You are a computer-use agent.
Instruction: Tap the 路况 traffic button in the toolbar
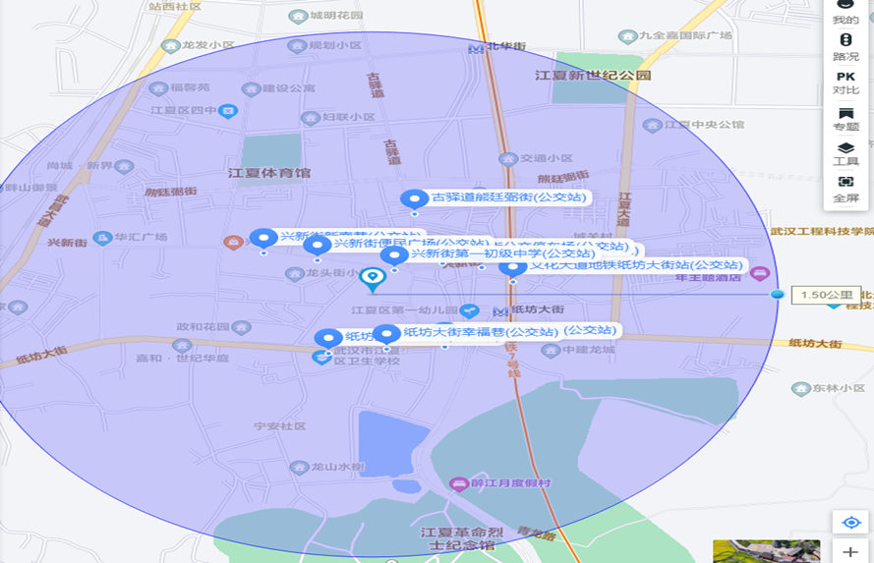coord(845,46)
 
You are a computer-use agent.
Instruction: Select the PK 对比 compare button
coord(845,83)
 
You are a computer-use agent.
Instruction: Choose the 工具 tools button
coord(845,153)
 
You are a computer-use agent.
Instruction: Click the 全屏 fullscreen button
coord(845,189)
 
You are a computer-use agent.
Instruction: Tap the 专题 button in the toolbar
coord(845,119)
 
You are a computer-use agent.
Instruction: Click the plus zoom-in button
coord(850,551)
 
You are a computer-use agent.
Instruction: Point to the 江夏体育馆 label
coord(269,173)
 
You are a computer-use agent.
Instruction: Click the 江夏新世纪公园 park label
coord(593,75)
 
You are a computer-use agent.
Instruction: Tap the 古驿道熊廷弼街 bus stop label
coord(508,197)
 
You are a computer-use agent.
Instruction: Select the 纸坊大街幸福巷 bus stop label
coord(480,332)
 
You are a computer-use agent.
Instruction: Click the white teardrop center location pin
coord(372,279)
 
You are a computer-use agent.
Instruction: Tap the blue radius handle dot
coord(778,295)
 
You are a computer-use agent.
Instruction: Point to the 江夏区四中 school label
coord(190,111)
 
